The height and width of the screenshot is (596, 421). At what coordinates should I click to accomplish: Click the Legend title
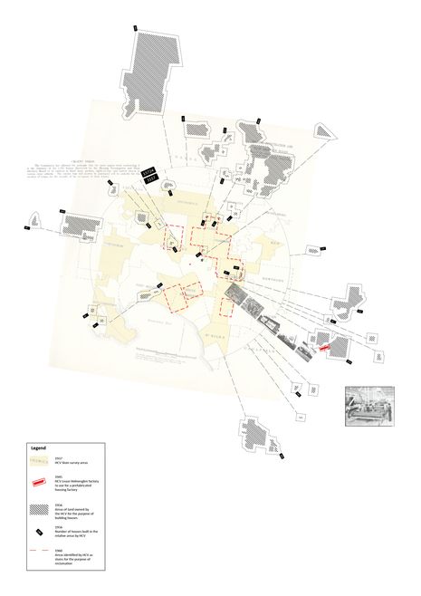pyautogui.click(x=38, y=448)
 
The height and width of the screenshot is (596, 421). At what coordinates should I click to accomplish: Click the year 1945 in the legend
pyautogui.click(x=58, y=476)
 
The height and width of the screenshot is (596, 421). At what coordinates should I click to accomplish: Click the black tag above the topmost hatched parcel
pyautogui.click(x=135, y=29)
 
